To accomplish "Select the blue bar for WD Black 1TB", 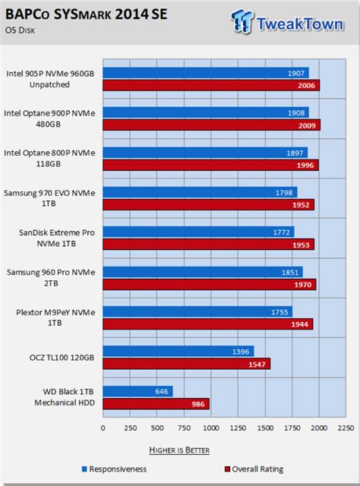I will [x=137, y=391].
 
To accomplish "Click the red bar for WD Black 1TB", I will [x=156, y=404].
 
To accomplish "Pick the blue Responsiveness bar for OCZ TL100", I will [x=178, y=351].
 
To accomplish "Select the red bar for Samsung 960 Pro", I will [x=209, y=285].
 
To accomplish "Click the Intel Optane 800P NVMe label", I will [x=49, y=158].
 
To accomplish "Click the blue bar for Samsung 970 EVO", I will [x=200, y=191].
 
